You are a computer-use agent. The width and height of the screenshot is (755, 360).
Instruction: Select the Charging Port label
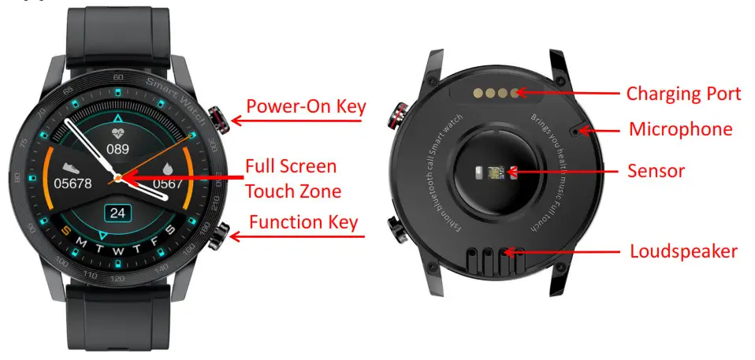tap(683, 94)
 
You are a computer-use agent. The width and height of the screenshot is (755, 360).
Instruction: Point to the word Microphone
tap(680, 129)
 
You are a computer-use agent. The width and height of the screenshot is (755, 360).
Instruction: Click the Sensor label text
tap(656, 170)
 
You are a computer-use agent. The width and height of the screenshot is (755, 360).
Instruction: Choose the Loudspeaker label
tap(683, 252)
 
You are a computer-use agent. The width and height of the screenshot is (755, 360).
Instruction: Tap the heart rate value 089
tap(118, 149)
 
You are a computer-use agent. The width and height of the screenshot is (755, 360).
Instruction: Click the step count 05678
tap(73, 184)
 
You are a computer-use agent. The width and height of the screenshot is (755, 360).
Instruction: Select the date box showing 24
tap(118, 213)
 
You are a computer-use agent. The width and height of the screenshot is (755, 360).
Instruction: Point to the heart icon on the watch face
tap(118, 132)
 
